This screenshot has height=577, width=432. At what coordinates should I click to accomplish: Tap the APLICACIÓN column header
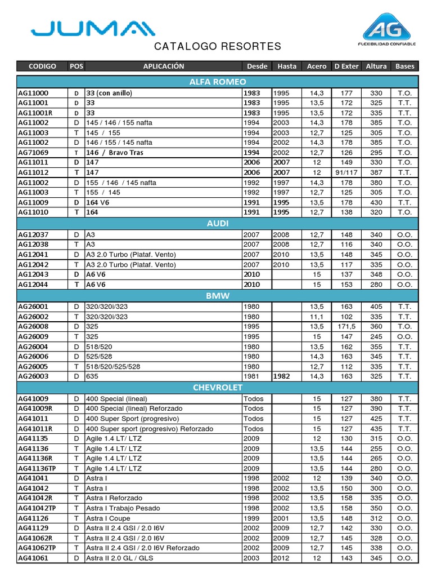tap(163, 66)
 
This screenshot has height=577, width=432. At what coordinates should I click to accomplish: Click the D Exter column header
tap(346, 66)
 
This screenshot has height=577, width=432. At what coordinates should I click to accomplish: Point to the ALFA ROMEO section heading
tap(217, 82)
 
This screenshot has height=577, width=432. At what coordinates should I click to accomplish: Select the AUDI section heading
tap(217, 224)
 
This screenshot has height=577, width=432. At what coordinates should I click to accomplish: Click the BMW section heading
tap(217, 295)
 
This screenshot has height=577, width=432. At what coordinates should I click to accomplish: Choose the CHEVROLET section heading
tap(217, 387)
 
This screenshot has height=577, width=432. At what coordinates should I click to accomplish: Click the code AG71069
tap(33, 153)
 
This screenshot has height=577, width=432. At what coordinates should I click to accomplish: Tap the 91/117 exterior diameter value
tap(346, 172)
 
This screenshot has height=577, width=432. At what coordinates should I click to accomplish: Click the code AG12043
tap(33, 274)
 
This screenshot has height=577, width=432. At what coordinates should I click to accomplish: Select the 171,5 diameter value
tap(346, 326)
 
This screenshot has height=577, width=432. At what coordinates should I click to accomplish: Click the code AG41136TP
tap(37, 468)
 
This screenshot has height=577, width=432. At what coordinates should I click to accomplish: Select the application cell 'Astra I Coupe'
tap(109, 518)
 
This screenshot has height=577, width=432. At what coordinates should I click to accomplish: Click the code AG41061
tap(33, 558)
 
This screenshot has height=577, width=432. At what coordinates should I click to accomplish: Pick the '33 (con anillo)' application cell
tap(112, 93)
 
